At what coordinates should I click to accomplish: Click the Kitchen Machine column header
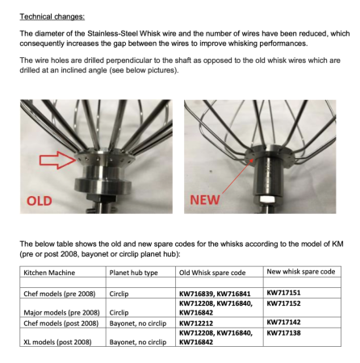coord(48,272)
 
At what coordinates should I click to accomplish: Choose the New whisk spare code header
coord(300,271)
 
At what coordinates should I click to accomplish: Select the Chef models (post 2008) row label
coord(57,322)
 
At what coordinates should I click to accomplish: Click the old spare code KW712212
coord(197,322)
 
